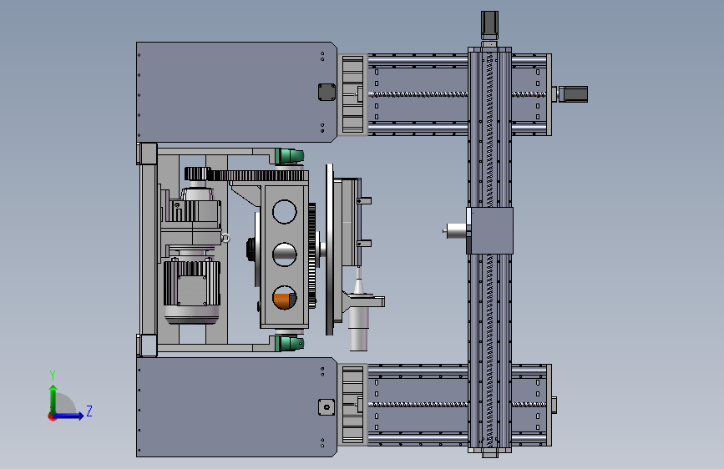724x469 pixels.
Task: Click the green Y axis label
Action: [x=53, y=375]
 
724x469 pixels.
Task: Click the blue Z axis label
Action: [x=89, y=411]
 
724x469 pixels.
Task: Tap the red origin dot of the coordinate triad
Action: [x=52, y=416]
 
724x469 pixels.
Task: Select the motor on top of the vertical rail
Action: [x=489, y=25]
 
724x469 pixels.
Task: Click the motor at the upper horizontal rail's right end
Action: [x=573, y=94]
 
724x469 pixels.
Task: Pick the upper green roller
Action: [x=290, y=156]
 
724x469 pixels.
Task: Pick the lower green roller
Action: [x=290, y=344]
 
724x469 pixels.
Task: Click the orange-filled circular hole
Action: [x=285, y=298]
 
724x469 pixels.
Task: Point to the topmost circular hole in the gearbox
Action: [x=285, y=211]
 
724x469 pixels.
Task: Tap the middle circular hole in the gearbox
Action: [x=285, y=255]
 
